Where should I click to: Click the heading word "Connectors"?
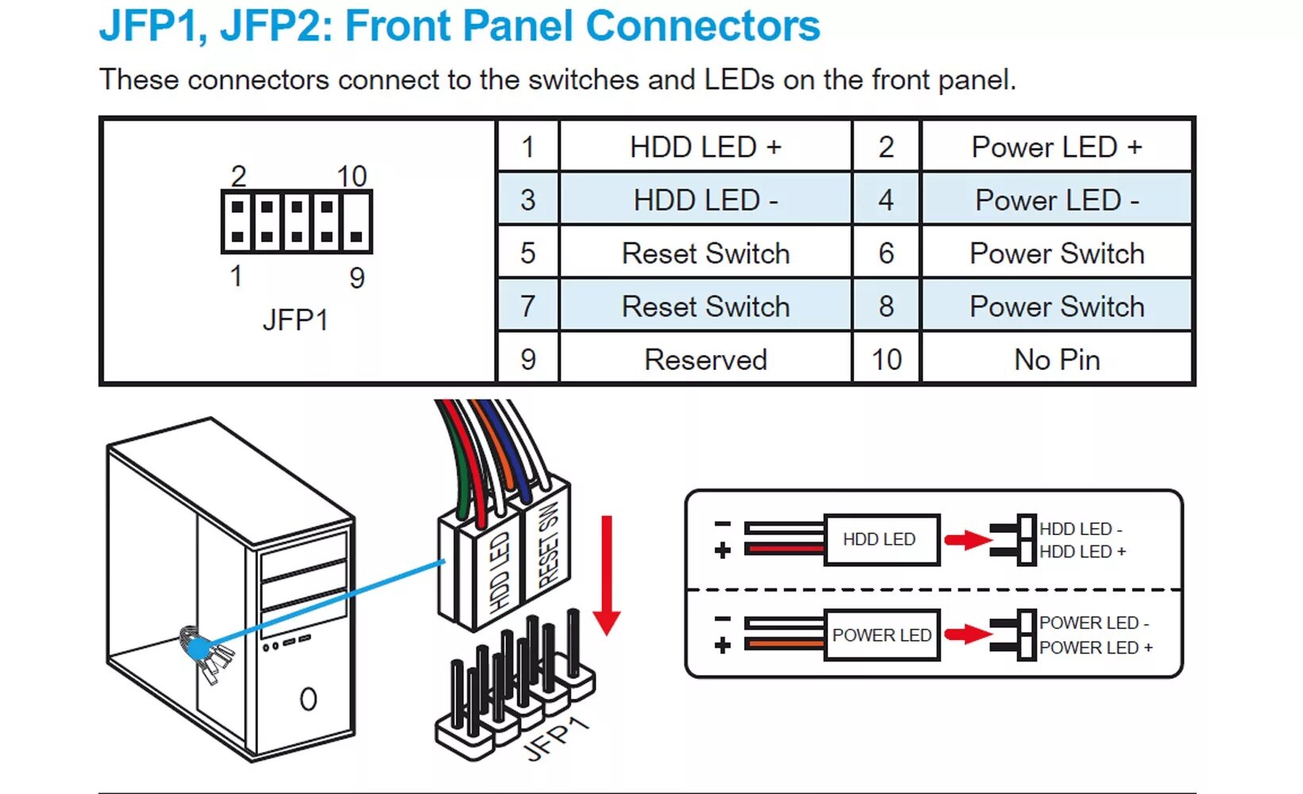tap(702, 25)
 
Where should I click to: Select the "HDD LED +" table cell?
tap(705, 147)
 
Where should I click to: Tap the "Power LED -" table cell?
tap(1056, 200)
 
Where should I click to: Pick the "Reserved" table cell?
tap(705, 360)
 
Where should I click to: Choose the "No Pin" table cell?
tap(1056, 360)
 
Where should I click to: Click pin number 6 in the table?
tap(886, 253)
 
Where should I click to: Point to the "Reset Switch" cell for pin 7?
tap(705, 306)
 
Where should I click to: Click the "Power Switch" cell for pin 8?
tap(1056, 306)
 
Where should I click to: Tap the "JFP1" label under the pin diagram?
tap(295, 320)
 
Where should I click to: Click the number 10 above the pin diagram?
tap(352, 176)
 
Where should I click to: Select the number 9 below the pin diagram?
tap(357, 278)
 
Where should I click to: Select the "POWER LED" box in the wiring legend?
tap(881, 635)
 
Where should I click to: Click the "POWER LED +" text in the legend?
tap(1096, 648)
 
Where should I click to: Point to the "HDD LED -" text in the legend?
tap(1081, 529)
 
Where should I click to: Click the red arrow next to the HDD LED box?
tap(967, 541)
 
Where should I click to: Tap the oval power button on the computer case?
tap(308, 699)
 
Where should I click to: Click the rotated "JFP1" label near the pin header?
tap(558, 738)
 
